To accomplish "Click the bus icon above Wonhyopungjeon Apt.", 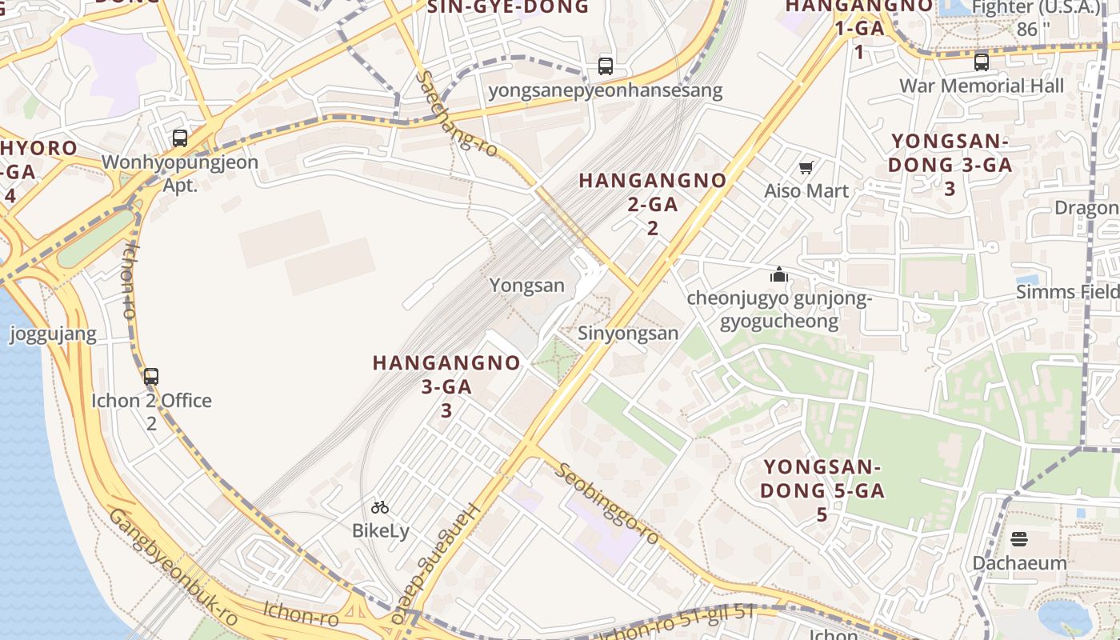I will click(180, 138).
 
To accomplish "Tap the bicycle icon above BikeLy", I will click(380, 506).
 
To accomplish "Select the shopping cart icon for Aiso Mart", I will click(806, 167).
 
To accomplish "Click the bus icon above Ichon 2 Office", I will click(151, 376).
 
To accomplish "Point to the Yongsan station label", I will click(526, 286).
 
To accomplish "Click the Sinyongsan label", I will click(628, 333).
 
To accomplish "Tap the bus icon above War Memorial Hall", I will click(982, 62).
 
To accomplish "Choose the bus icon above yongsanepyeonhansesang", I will click(606, 66).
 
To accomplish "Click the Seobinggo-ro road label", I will click(609, 504).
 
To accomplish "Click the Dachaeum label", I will click(1019, 562).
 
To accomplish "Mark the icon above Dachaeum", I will click(1019, 538).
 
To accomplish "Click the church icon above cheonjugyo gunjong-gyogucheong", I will click(779, 275).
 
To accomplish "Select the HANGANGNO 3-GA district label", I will click(446, 386).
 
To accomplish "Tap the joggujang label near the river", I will click(53, 334).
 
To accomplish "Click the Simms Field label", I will click(1068, 292).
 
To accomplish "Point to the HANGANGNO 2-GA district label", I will click(653, 203).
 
